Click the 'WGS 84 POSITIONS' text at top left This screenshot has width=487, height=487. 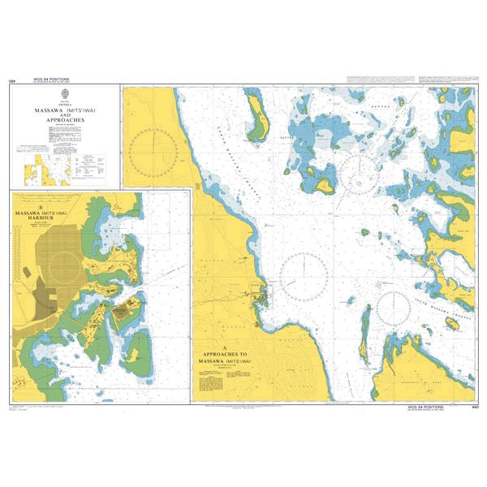(x=51, y=80)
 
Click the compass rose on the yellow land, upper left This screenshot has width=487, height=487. (x=154, y=151)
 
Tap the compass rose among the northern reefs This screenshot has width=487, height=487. (x=360, y=167)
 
